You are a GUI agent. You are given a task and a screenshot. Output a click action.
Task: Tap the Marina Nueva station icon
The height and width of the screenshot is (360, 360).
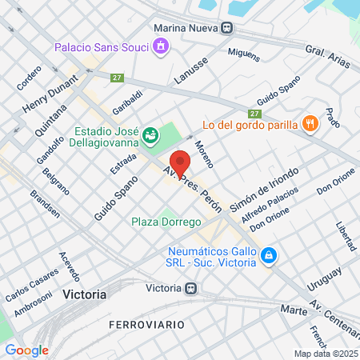click(x=227, y=27)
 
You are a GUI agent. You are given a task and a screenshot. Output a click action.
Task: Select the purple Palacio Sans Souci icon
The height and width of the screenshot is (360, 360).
click(x=161, y=46)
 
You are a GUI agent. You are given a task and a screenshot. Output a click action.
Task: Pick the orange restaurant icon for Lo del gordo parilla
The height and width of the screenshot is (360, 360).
click(x=310, y=123)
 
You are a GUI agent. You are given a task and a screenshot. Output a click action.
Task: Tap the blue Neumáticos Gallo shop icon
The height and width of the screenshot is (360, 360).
click(x=270, y=256)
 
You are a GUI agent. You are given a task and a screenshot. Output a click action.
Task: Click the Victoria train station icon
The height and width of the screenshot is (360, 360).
click(x=190, y=288)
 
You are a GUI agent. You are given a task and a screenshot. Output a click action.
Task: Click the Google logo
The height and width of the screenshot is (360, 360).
click(x=26, y=350)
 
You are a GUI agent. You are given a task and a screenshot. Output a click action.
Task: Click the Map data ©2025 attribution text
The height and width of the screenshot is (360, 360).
click(x=325, y=354)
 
